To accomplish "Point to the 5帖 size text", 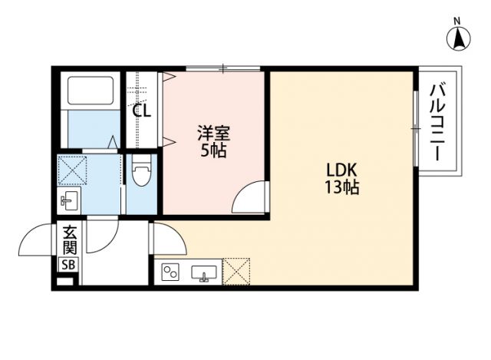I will pos(213,150).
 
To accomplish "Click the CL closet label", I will pos(142,110).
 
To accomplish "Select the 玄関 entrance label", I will pos(69,239).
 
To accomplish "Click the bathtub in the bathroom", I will pos(91,91).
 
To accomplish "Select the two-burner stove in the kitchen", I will pos(171,272).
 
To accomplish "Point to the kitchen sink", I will pos(204,272).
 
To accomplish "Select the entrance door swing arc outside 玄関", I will pos(38,241).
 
